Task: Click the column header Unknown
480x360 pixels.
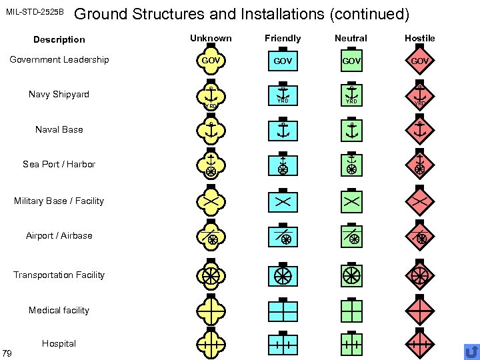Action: click(211, 38)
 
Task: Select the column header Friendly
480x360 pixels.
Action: click(283, 38)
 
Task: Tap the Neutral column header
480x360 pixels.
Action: click(351, 38)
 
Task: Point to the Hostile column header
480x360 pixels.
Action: click(419, 38)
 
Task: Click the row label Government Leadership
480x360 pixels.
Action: click(59, 59)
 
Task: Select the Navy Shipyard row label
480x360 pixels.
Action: click(59, 94)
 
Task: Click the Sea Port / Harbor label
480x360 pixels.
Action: click(59, 164)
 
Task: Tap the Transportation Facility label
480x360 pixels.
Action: click(59, 275)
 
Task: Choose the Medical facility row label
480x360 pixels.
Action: click(59, 310)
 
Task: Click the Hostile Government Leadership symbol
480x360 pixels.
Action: click(419, 61)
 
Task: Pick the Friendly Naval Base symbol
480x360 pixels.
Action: click(283, 130)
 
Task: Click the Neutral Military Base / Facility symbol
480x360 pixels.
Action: click(351, 200)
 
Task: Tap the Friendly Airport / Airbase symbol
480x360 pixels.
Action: click(283, 236)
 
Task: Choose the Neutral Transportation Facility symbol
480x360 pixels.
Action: click(351, 275)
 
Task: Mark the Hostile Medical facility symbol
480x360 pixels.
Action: click(419, 310)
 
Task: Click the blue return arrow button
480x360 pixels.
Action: click(471, 351)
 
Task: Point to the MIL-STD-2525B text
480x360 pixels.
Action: click(35, 12)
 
